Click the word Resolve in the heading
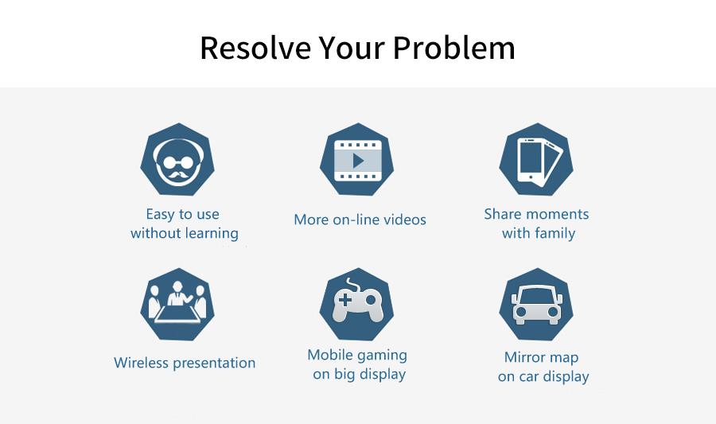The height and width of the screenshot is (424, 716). tap(255, 48)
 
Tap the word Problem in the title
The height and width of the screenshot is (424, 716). tap(453, 48)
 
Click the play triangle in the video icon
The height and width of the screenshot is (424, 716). tap(359, 161)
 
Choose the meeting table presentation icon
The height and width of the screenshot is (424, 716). tap(177, 305)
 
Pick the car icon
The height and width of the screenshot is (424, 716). tap(536, 305)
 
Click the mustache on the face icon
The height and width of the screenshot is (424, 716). tap(177, 175)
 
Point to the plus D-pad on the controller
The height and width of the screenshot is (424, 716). tap(345, 301)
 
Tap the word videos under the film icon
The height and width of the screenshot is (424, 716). tap(405, 220)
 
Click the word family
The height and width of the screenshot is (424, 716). tap(555, 233)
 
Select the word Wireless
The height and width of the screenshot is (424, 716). tap(141, 363)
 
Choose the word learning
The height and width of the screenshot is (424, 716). tap(212, 233)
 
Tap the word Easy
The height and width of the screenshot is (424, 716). tap(160, 215)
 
